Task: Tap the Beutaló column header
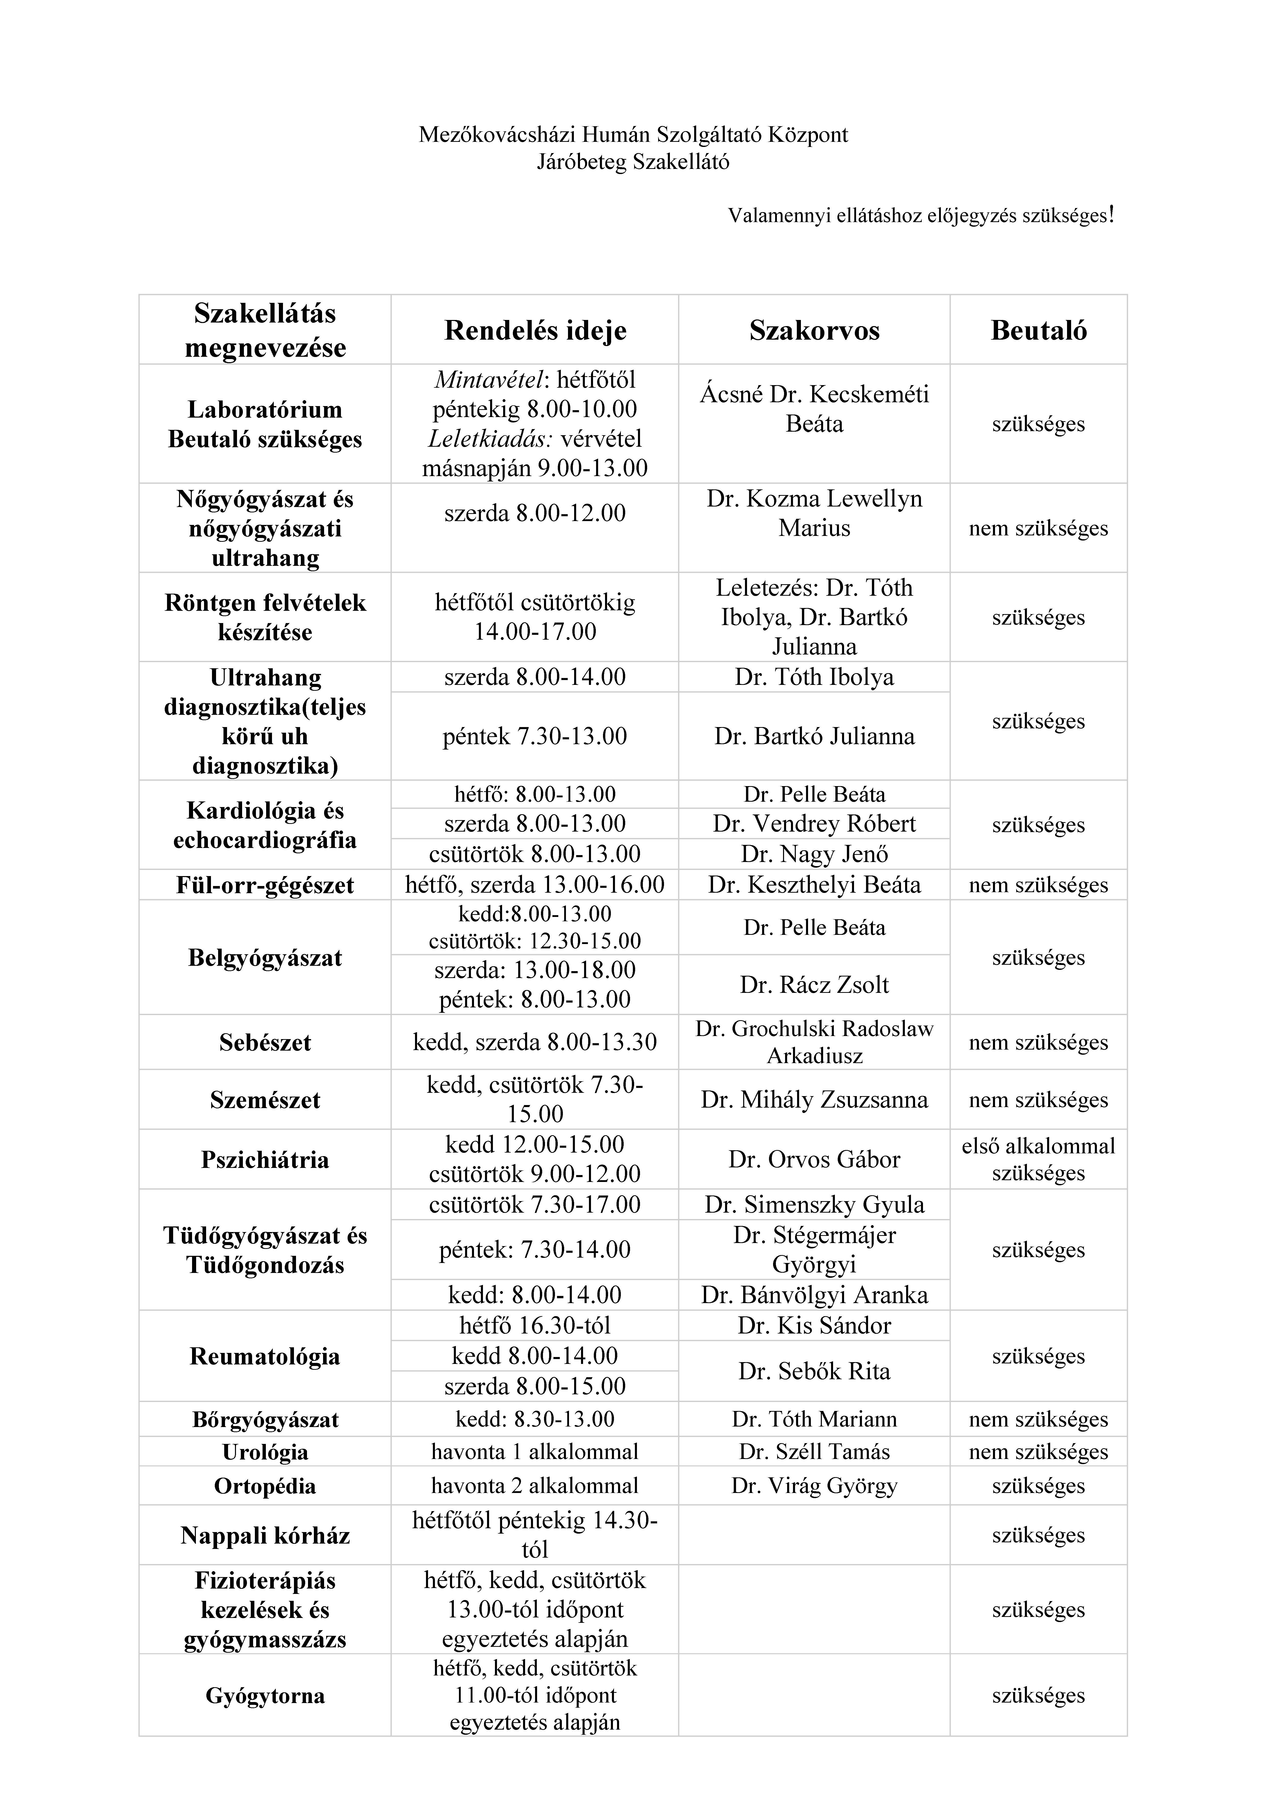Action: [x=1038, y=330]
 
